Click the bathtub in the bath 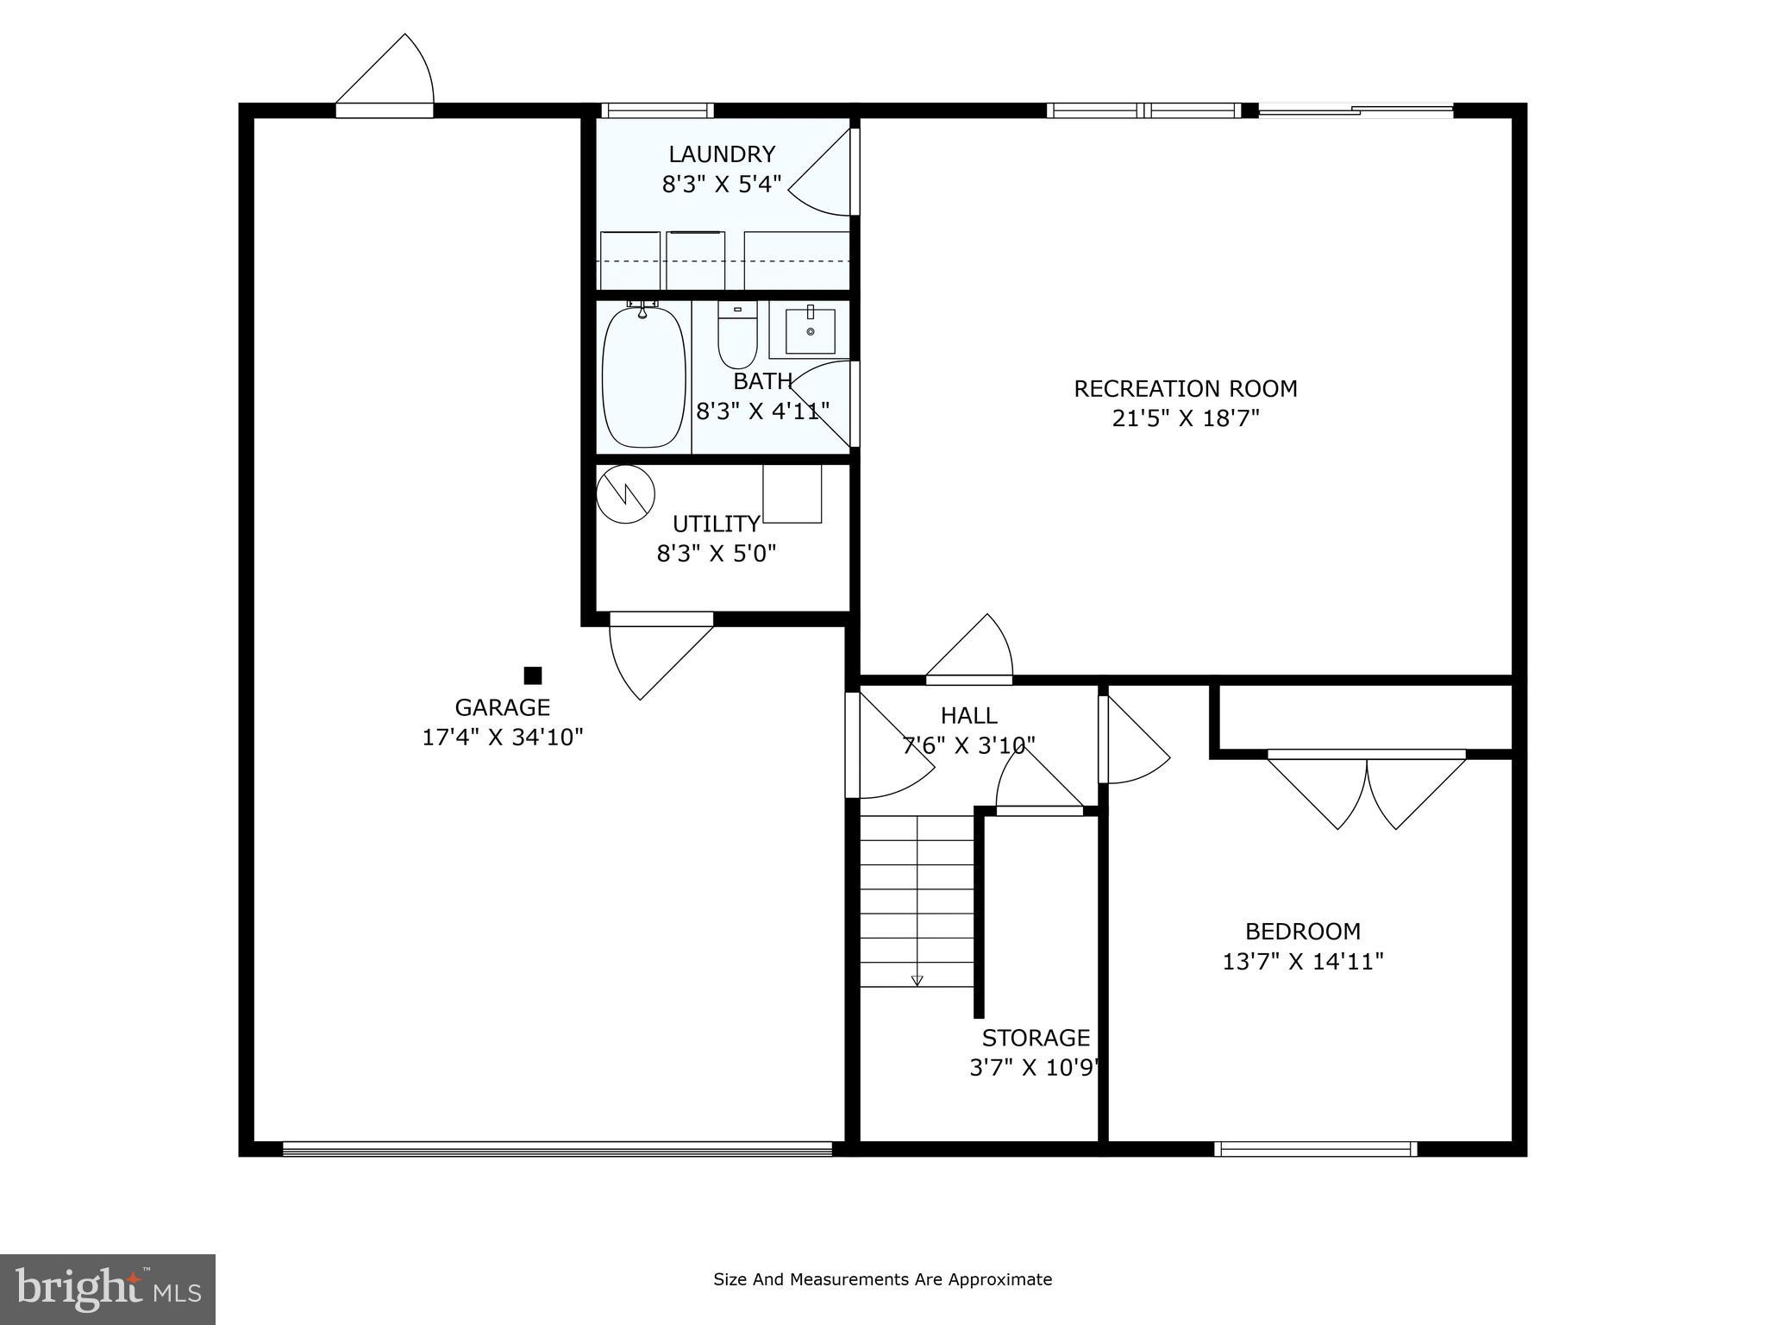(643, 377)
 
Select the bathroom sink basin (810, 331)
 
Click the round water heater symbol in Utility (626, 494)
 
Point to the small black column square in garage (533, 675)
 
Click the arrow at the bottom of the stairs (917, 980)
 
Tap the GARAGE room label (502, 707)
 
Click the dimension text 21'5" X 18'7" (1186, 418)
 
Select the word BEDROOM (1302, 932)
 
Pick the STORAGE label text (1036, 1038)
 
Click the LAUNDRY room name (722, 154)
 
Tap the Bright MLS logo (108, 1289)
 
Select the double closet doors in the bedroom (1367, 789)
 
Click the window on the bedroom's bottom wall (1315, 1148)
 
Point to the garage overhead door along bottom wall (557, 1148)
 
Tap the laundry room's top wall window (657, 110)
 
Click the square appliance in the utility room (792, 493)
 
